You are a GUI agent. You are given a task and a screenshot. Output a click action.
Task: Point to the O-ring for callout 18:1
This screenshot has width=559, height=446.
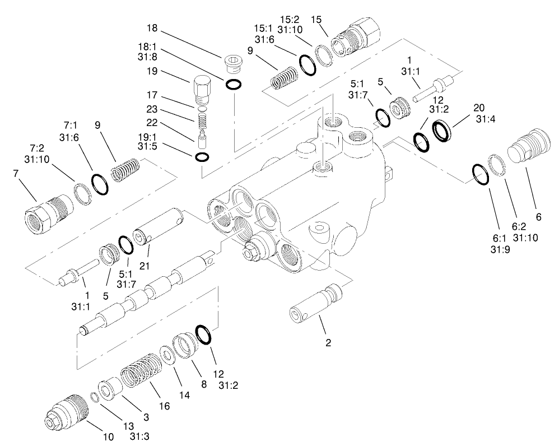[234, 85]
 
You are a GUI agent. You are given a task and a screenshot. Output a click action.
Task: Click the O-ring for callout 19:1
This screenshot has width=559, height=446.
[203, 157]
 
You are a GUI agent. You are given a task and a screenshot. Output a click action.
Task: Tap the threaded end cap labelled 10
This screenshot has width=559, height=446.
[66, 412]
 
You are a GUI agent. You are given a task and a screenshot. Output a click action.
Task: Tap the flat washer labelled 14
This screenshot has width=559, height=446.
[166, 355]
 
